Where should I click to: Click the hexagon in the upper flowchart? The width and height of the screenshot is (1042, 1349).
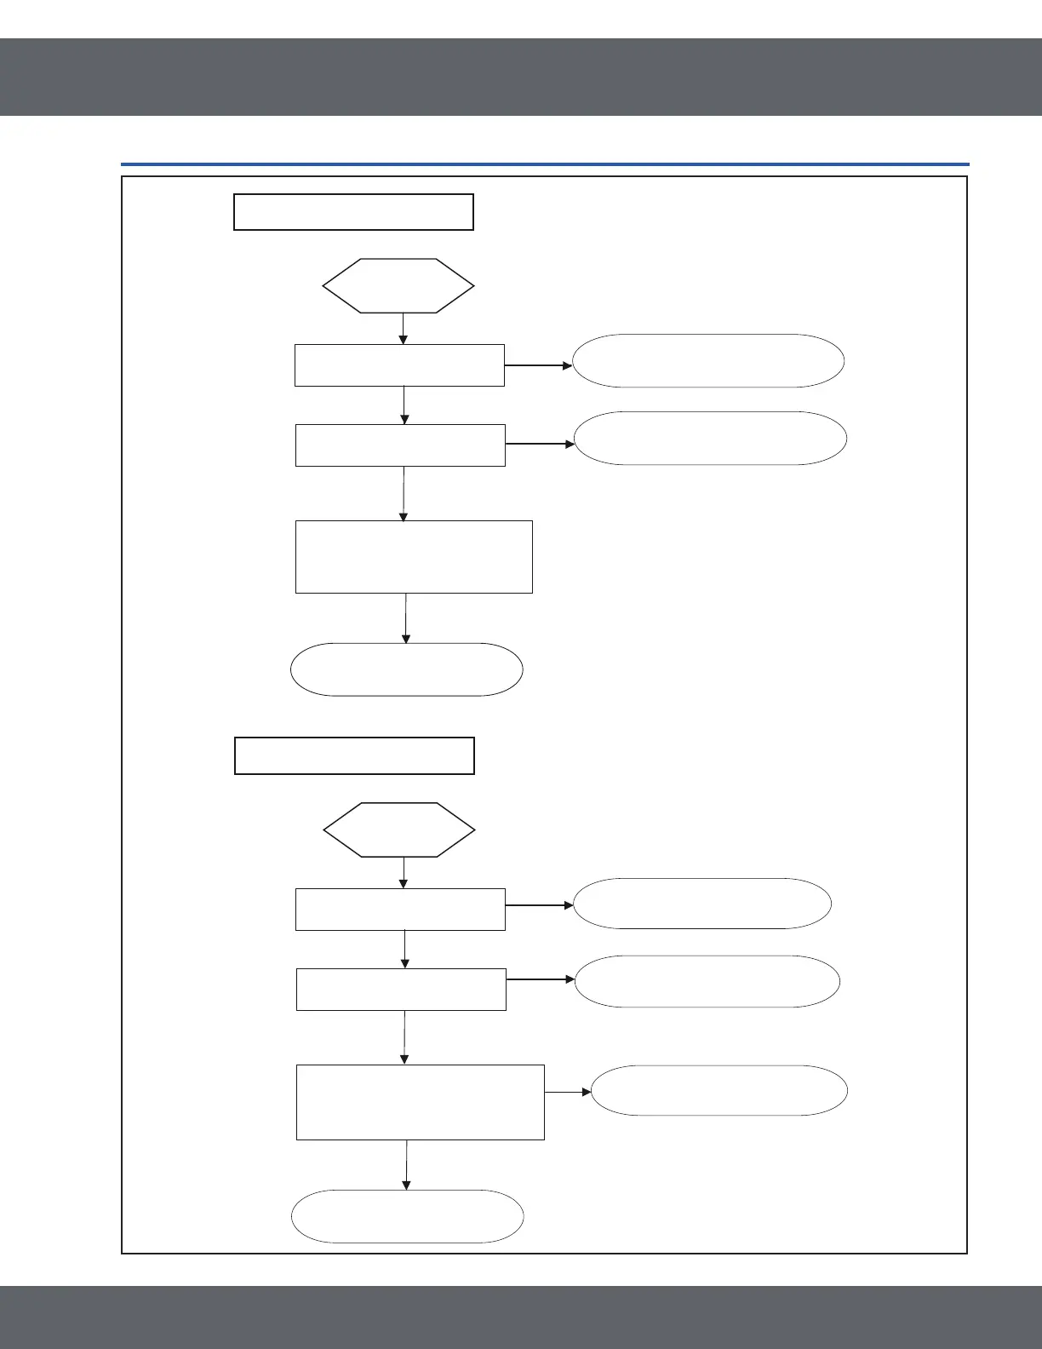pyautogui.click(x=398, y=286)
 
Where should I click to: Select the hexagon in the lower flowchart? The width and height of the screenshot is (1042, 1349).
pyautogui.click(x=398, y=829)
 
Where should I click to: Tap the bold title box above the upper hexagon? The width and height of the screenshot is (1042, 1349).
pyautogui.click(x=353, y=212)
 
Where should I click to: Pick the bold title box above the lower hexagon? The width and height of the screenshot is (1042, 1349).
pyautogui.click(x=354, y=755)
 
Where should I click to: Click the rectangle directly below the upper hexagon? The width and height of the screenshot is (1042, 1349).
pyautogui.click(x=399, y=365)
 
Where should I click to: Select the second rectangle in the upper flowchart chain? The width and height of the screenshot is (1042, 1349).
pyautogui.click(x=400, y=445)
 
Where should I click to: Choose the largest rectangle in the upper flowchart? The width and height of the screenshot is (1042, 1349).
pyautogui.click(x=414, y=557)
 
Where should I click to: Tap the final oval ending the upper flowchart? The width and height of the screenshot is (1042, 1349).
pyautogui.click(x=406, y=669)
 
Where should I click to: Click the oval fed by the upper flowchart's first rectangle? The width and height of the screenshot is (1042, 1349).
pyautogui.click(x=708, y=361)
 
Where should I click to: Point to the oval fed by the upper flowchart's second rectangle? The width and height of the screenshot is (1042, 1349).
pyautogui.click(x=711, y=439)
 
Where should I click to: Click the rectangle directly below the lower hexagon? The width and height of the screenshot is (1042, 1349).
pyautogui.click(x=400, y=910)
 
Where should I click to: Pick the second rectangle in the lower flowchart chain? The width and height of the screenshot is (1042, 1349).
pyautogui.click(x=401, y=990)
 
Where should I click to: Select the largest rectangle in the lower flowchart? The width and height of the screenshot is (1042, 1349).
pyautogui.click(x=420, y=1102)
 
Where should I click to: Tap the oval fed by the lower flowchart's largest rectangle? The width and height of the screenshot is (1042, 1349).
pyautogui.click(x=719, y=1090)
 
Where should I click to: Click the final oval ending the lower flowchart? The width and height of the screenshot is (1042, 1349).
pyautogui.click(x=407, y=1216)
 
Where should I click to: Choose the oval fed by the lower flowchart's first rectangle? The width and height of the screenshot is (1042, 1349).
pyautogui.click(x=702, y=904)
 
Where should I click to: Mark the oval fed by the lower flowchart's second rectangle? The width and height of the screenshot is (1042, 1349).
pyautogui.click(x=707, y=981)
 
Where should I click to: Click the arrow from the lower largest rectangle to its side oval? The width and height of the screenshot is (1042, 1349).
pyautogui.click(x=568, y=1092)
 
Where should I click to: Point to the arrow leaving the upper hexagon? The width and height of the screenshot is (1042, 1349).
pyautogui.click(x=403, y=329)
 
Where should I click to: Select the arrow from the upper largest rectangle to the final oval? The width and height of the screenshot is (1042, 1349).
pyautogui.click(x=406, y=618)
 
